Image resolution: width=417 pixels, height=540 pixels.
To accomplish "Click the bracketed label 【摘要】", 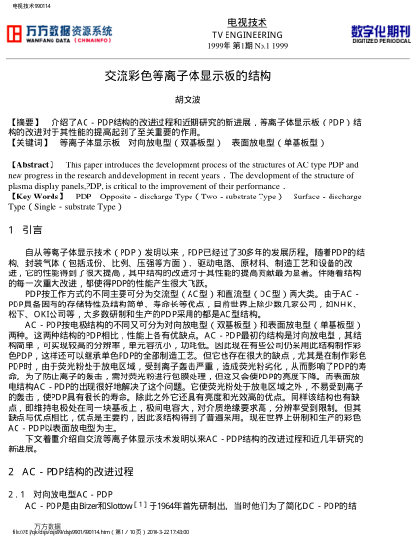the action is click(x=22, y=120).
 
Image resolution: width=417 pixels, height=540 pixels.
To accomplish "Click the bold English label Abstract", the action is click(x=28, y=165).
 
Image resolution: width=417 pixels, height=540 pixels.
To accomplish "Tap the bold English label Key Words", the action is click(x=31, y=196).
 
